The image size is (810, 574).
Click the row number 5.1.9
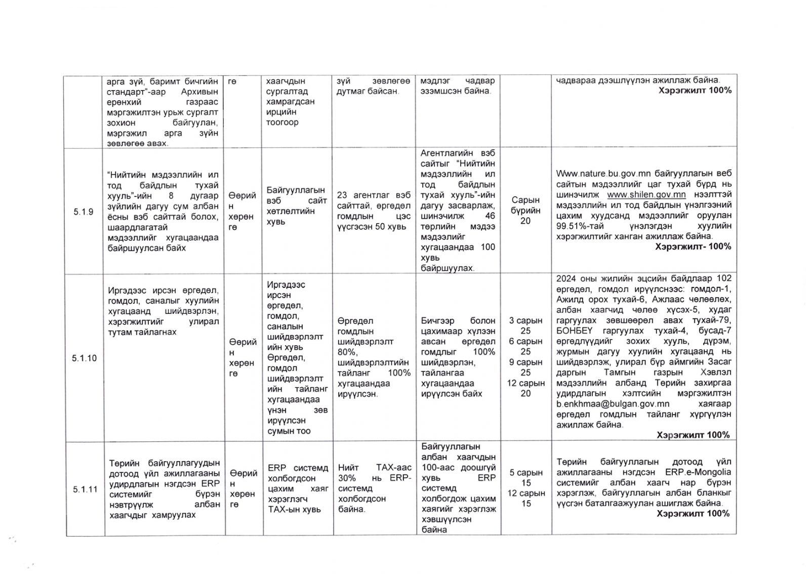84,212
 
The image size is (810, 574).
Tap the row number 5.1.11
85,489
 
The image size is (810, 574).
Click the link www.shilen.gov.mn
646,195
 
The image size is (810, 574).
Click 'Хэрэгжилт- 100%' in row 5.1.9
693,247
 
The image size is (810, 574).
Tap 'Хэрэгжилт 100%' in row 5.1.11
693,513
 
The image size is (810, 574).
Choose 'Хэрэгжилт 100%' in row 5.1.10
693,435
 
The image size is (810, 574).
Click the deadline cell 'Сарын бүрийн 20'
525,210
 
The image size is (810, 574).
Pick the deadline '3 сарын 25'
525,325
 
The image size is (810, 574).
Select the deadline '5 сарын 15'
525,477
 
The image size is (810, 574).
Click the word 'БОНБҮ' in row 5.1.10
572,331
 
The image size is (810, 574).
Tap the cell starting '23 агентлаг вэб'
374,211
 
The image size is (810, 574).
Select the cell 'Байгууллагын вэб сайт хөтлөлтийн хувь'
296,206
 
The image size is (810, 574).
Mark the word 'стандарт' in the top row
126,91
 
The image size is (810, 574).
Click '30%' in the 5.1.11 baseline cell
347,478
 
